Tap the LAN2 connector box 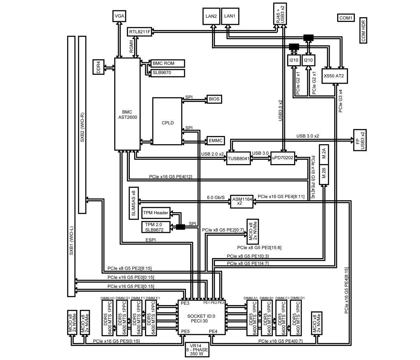click(x=211, y=16)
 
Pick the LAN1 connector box click(x=230, y=16)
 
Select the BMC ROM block click(x=167, y=63)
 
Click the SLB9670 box click(x=167, y=72)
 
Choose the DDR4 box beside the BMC click(x=98, y=67)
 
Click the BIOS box click(x=214, y=99)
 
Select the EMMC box click(x=215, y=141)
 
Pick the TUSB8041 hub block click(x=238, y=158)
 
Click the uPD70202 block click(x=283, y=158)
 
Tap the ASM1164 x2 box click(x=241, y=201)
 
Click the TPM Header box click(x=156, y=213)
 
